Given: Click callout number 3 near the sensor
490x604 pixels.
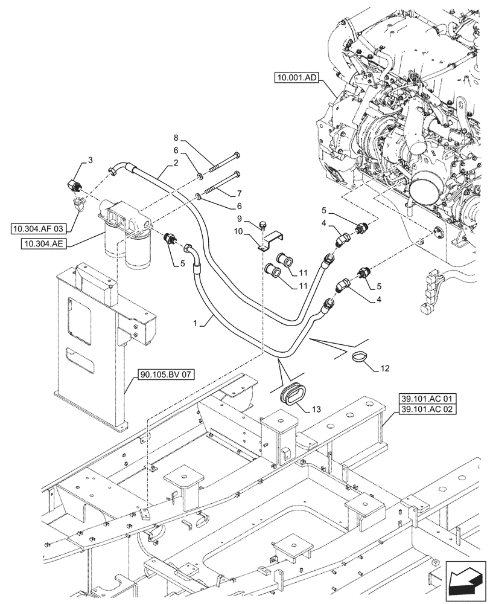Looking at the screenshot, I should click(x=90, y=159).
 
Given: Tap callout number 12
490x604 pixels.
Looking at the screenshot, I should click(x=386, y=368).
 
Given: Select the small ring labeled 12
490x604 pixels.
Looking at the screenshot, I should click(x=360, y=356).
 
